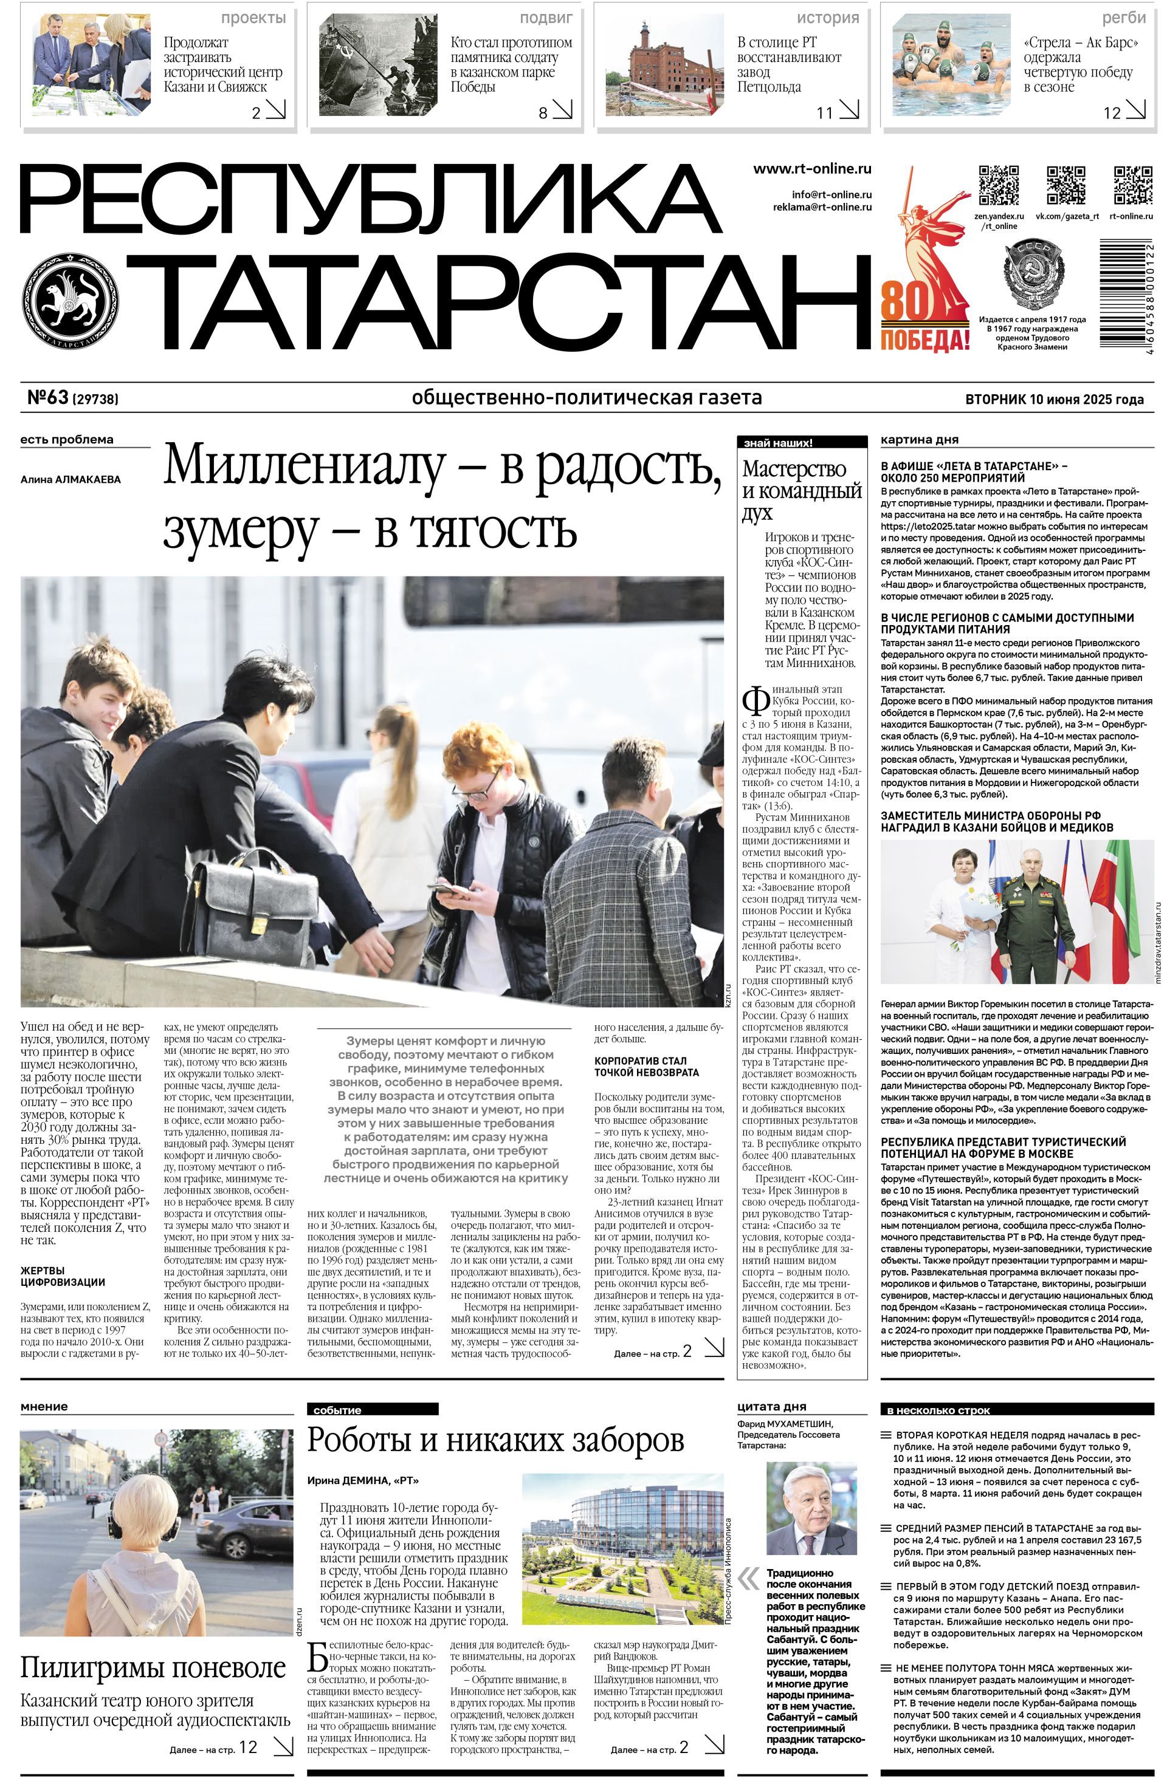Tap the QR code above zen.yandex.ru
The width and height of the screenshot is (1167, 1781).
point(999,185)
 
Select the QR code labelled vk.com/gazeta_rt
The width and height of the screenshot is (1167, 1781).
point(1066,185)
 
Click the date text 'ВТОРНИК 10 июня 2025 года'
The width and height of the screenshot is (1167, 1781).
point(1054,399)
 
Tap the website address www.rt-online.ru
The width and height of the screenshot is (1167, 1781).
point(811,169)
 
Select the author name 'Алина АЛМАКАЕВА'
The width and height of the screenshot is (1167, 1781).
point(71,480)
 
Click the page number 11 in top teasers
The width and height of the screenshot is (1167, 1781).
point(824,113)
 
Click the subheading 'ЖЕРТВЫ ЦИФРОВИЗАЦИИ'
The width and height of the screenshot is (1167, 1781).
point(62,1276)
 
